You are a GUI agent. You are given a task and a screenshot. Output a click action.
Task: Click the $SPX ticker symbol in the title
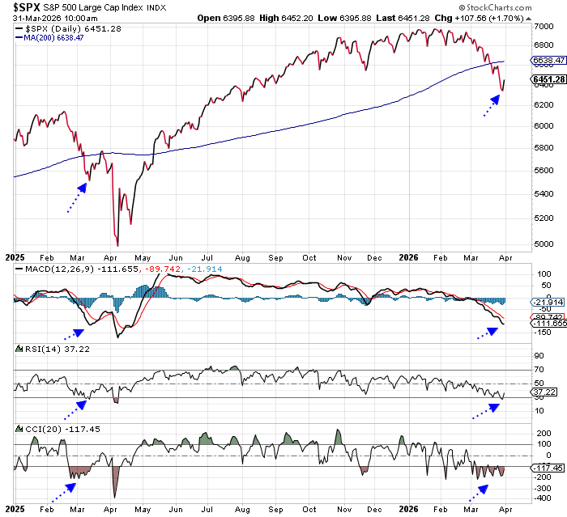click(x=25, y=7)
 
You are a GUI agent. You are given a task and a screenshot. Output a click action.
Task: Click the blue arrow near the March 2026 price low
click(x=490, y=105)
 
